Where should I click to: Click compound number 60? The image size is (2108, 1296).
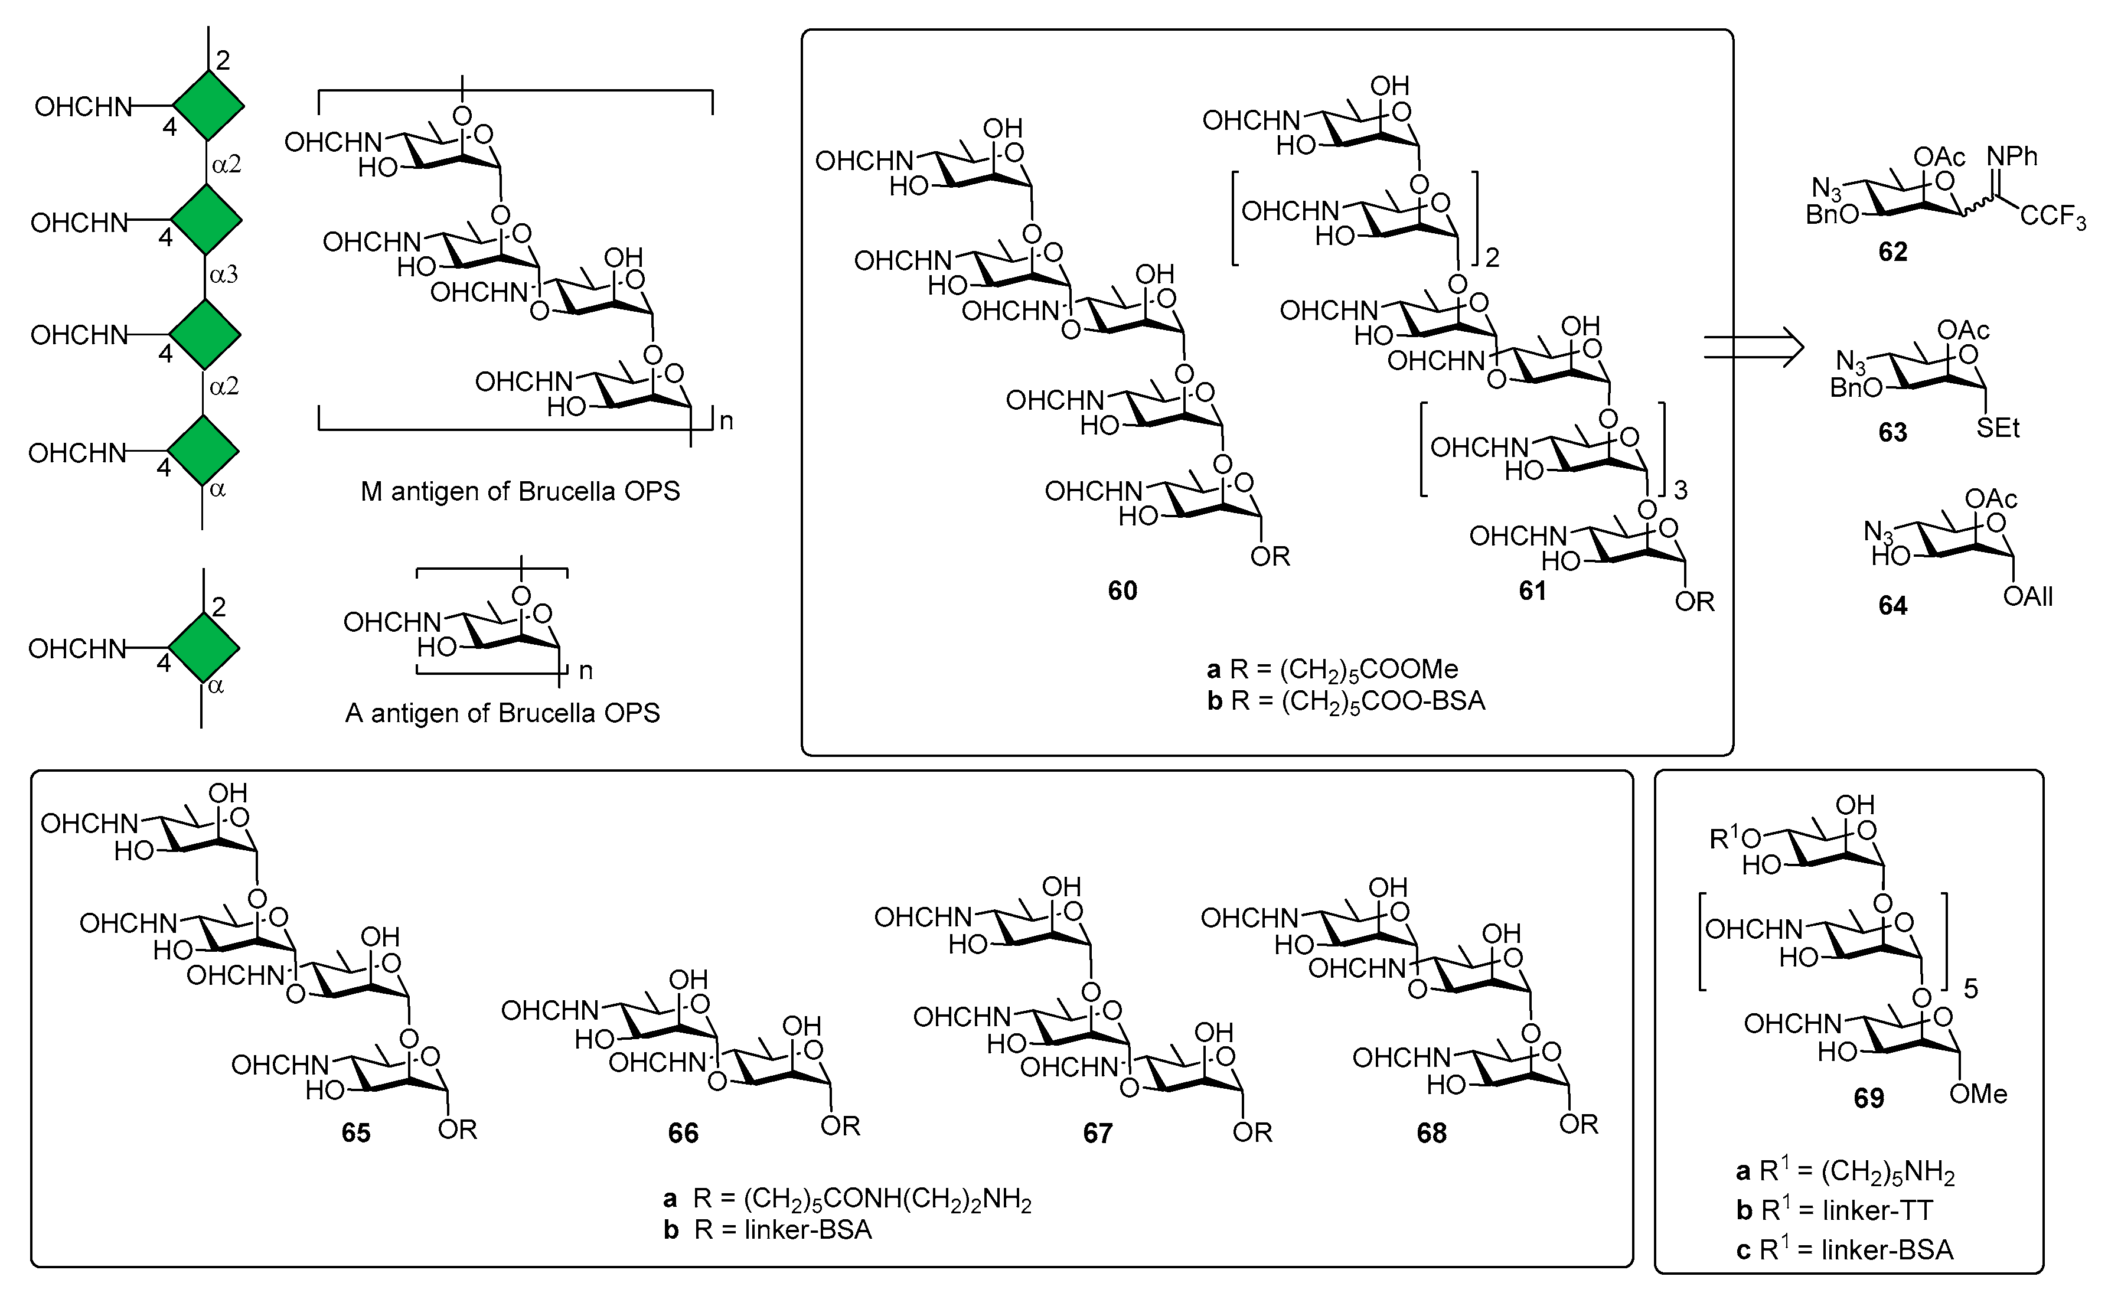point(1122,590)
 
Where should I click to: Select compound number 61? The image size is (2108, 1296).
point(1533,590)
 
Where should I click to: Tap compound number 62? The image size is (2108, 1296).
point(1893,252)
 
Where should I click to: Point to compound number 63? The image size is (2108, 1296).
point(1893,432)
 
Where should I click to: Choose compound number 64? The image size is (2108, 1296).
point(1893,606)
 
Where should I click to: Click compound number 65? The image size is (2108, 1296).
point(356,1133)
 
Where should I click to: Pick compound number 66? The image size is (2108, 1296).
point(683,1133)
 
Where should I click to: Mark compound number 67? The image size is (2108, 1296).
point(1097,1133)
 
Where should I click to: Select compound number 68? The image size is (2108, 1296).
point(1432,1133)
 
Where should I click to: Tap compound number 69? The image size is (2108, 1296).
point(1869,1098)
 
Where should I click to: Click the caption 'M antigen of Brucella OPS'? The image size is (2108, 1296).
point(520,491)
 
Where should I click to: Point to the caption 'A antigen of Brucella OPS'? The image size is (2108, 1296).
point(502,713)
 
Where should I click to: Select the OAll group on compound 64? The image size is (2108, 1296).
point(2028,596)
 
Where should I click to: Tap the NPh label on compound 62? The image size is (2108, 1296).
point(2012,157)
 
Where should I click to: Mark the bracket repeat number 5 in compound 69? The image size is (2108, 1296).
point(1971,989)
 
